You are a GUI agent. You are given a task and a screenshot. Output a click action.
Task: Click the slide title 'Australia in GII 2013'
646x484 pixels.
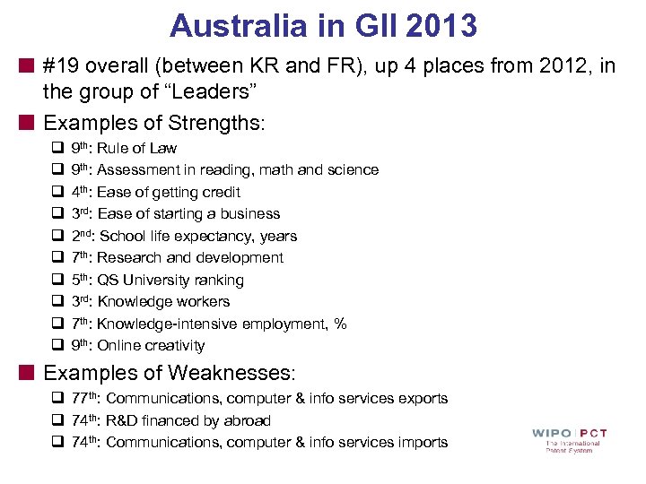coord(323,25)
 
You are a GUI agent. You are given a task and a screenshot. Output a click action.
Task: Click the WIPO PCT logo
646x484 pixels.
coord(569,439)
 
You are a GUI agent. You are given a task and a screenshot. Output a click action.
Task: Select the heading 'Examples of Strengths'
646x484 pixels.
coord(153,122)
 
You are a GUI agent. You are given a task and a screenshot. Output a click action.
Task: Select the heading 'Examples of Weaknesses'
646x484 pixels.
coord(169,371)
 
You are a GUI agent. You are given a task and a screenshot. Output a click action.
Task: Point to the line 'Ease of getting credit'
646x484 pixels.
coord(169,192)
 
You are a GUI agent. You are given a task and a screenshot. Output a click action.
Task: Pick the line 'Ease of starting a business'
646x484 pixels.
coord(188,213)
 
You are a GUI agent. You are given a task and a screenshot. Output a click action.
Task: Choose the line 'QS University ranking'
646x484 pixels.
coord(170,280)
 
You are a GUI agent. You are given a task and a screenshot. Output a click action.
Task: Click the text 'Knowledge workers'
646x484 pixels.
coord(163,301)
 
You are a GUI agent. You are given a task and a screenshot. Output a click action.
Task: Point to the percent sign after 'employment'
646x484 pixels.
coord(340,324)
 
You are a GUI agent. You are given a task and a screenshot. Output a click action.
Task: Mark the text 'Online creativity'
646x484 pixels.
coord(151,345)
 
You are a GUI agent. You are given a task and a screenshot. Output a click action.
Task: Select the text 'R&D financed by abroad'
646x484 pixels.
coord(188,420)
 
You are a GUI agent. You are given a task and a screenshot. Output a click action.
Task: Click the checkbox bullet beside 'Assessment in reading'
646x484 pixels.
coord(56,170)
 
